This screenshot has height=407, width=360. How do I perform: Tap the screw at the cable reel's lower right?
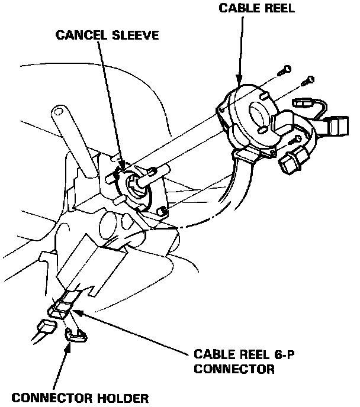pyautogui.click(x=294, y=141)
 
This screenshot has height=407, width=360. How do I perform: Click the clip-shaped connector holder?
pyautogui.click(x=76, y=334)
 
